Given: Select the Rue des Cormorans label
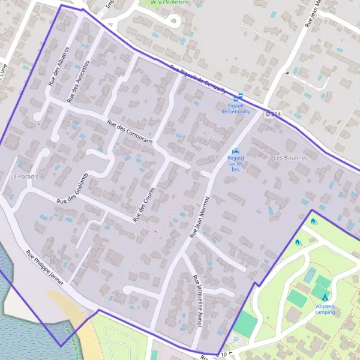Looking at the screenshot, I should pos(130,132).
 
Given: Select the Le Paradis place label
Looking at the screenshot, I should pos(24,176).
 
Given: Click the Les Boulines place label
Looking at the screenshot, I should pos(290,157).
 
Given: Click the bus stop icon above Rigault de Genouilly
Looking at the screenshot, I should pos(241,96).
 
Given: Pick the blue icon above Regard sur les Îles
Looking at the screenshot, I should pos(235,151).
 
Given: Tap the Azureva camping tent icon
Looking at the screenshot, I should pos(325,297).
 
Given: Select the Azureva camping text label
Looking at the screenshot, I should pos(325,308).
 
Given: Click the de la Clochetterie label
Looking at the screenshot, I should pos(172,2).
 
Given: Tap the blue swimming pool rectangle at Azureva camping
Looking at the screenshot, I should pos(310,276).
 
